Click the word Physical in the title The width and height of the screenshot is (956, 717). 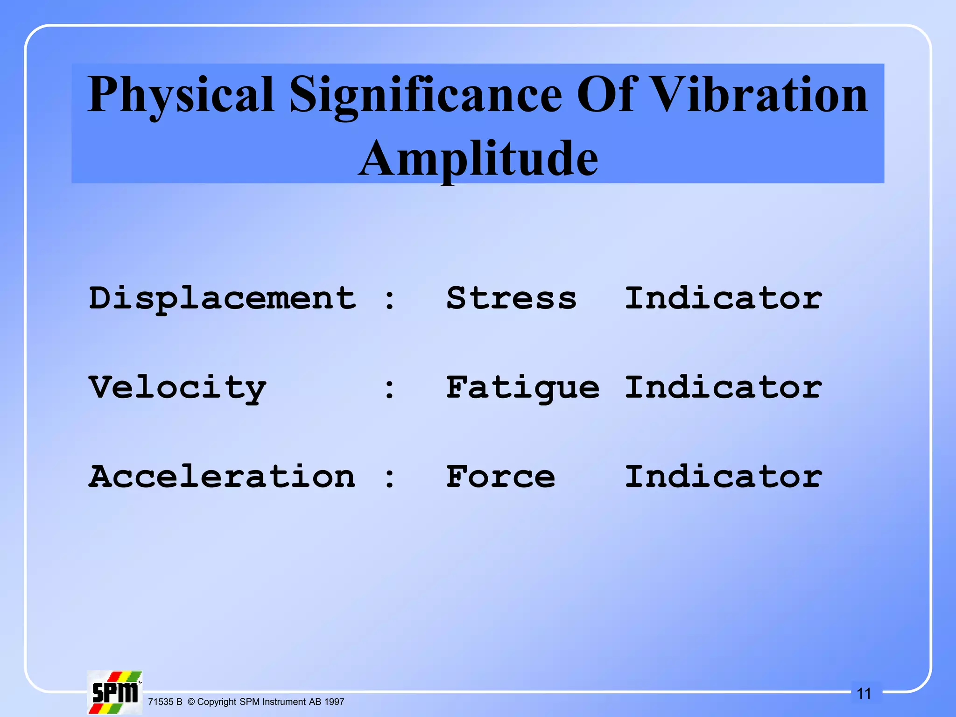tap(181, 96)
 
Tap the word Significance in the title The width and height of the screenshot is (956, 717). tap(426, 96)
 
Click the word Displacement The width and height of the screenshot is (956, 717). tap(222, 299)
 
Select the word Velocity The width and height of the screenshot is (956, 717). tap(177, 388)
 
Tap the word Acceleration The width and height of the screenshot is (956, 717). tap(222, 477)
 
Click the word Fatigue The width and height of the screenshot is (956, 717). tap(522, 388)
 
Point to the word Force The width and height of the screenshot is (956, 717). tap(500, 477)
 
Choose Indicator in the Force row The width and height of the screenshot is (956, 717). tap(723, 477)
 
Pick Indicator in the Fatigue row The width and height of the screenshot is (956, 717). tap(723, 387)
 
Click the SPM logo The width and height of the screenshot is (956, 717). tap(115, 692)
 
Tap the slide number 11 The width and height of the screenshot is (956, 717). tap(864, 694)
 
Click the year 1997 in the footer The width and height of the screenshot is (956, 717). tap(334, 702)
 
